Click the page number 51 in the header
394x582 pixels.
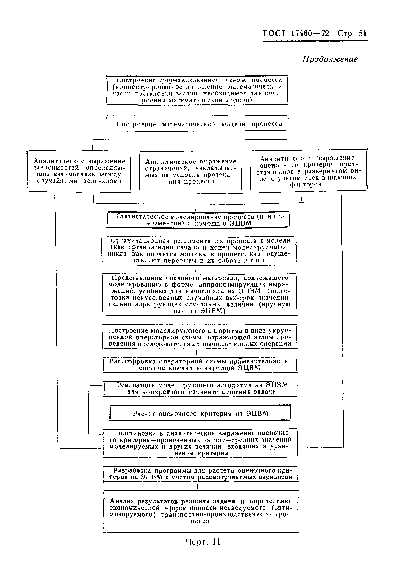click(x=362, y=33)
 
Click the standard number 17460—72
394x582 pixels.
click(x=310, y=33)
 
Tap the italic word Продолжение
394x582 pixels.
click(x=330, y=59)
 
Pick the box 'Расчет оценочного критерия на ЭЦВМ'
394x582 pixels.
click(x=200, y=413)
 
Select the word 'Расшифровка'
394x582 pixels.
click(x=132, y=361)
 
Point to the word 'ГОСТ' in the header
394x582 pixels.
click(x=274, y=33)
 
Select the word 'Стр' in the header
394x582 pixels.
click(x=345, y=33)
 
